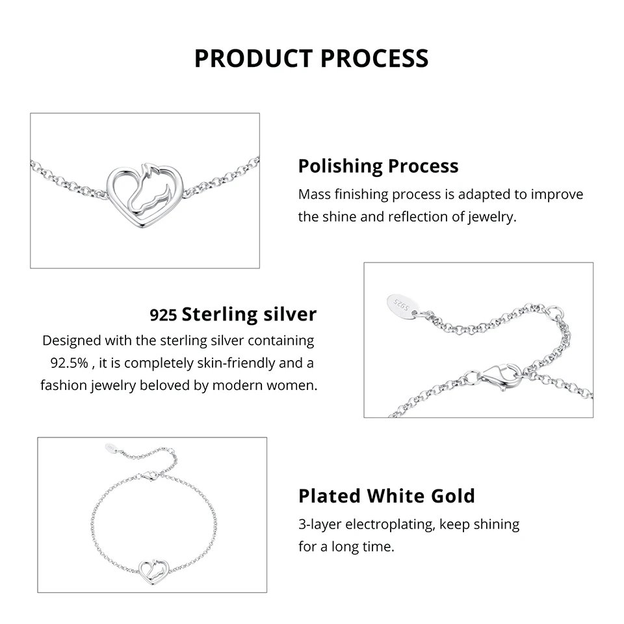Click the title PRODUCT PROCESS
pos(311,58)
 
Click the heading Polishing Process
pos(378,166)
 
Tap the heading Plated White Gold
pos(386,496)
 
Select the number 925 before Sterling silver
pos(163,316)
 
